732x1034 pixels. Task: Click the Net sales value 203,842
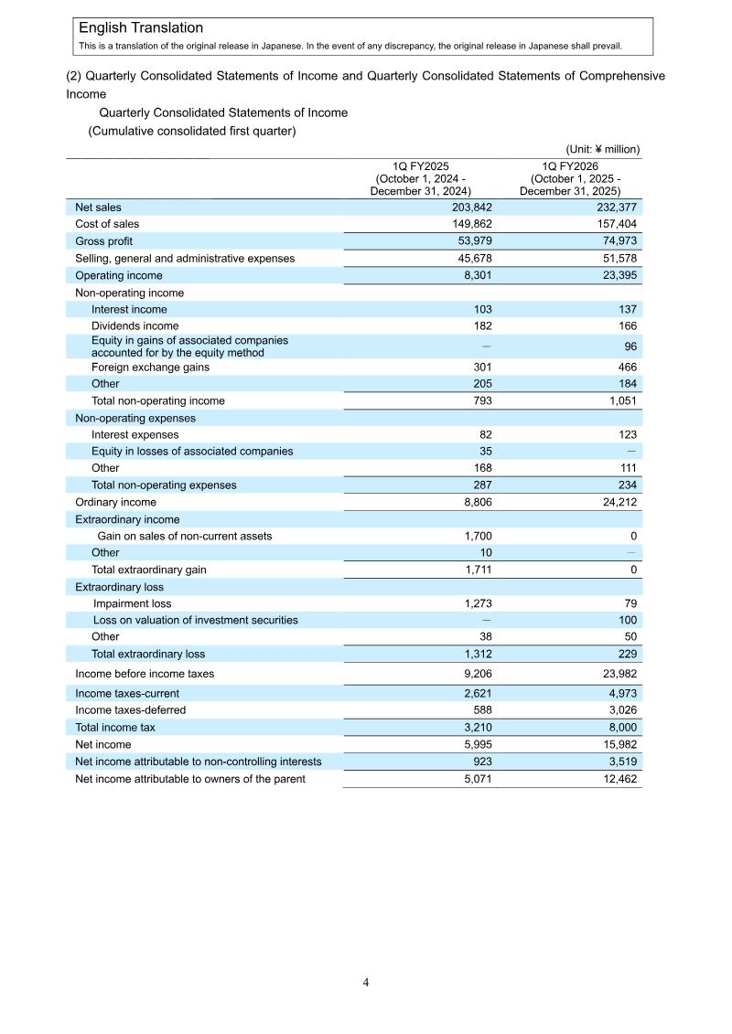point(473,208)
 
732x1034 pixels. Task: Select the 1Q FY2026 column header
point(570,178)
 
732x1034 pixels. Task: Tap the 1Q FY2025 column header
point(420,178)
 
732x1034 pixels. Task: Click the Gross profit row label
point(103,241)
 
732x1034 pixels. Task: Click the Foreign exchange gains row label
point(150,368)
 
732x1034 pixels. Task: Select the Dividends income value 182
point(482,326)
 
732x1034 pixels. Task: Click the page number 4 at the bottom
point(366,983)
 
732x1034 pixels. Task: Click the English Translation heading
point(141,28)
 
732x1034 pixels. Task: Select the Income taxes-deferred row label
point(130,710)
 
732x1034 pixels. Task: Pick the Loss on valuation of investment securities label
point(195,620)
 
